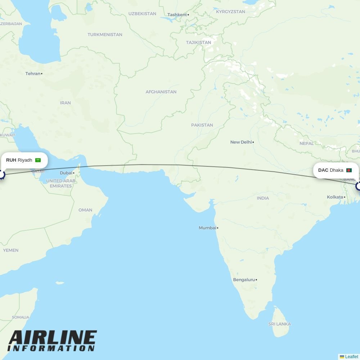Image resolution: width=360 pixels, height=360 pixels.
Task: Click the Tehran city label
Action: point(33,73)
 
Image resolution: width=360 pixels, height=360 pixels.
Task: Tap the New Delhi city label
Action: point(241,142)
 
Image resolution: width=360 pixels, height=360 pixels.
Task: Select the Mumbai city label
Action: point(208,228)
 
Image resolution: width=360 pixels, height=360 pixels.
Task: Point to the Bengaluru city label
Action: point(244,280)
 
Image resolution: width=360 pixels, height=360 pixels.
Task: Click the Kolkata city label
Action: point(335,197)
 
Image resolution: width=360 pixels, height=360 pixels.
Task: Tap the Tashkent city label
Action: point(177,15)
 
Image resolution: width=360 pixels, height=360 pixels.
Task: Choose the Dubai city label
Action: point(66,173)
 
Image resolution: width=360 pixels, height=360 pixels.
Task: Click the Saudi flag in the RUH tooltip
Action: point(38,160)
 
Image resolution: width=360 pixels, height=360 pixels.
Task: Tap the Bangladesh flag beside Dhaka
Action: point(348,170)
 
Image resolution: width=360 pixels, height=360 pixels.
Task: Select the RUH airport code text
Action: point(11,160)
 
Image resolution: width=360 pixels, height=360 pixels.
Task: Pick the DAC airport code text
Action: point(323,170)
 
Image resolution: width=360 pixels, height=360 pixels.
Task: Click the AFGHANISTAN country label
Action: point(161,92)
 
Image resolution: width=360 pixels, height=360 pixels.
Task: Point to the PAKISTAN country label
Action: point(202,125)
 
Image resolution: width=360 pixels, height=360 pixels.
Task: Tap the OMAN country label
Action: point(85,210)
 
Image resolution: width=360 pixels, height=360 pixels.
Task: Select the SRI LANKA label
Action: point(279,324)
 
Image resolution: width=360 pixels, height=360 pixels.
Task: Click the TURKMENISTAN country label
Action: point(105,35)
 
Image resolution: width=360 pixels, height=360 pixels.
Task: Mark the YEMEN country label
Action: point(11,250)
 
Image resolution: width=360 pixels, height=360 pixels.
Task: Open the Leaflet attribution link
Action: point(351,357)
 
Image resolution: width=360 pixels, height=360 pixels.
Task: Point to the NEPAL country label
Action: point(306,143)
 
